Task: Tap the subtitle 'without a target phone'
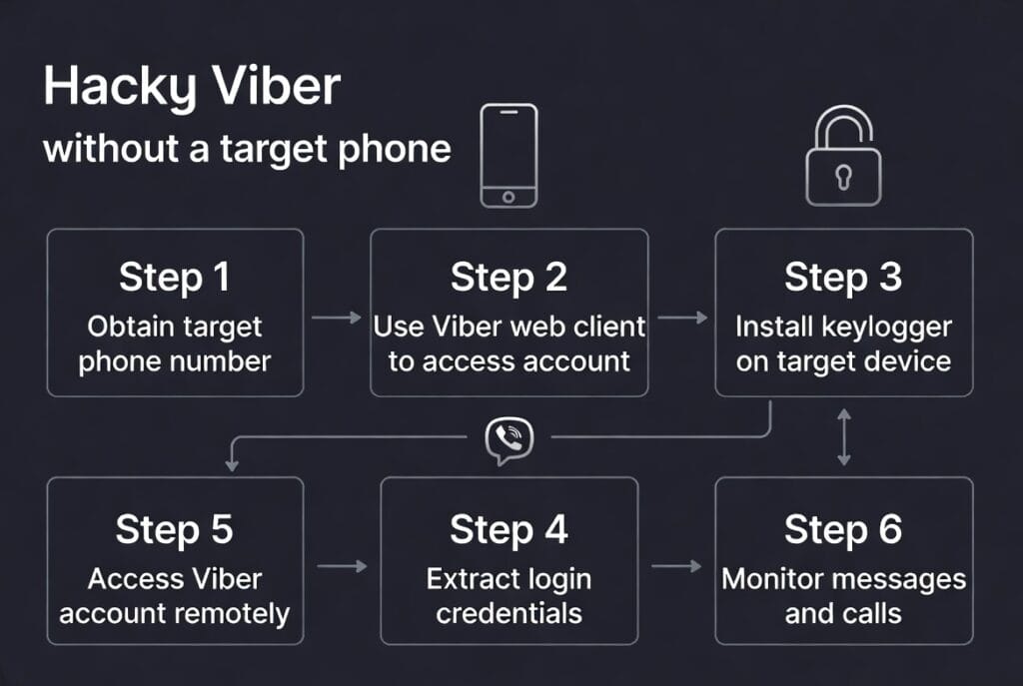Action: (247, 149)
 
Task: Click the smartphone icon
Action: (509, 156)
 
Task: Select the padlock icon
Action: (843, 160)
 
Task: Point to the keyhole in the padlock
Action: (843, 178)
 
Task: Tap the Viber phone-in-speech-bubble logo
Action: (510, 439)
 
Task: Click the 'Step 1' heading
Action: (175, 277)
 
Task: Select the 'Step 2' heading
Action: (509, 277)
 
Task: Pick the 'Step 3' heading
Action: (843, 277)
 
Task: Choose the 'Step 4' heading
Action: (509, 529)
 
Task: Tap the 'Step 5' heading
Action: (175, 529)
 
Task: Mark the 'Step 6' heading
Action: (843, 529)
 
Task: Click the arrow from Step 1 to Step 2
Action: (337, 318)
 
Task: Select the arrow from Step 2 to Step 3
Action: (682, 318)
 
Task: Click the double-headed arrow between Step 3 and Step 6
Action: (844, 436)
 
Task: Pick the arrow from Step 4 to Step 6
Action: (676, 566)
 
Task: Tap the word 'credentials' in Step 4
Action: (510, 611)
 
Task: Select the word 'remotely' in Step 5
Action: (232, 611)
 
